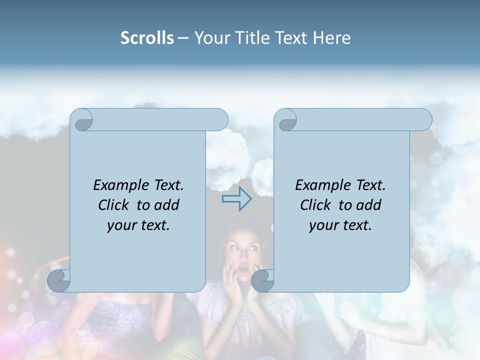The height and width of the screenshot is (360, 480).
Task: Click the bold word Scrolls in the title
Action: (x=147, y=38)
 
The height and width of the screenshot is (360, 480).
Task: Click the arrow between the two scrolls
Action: (x=237, y=199)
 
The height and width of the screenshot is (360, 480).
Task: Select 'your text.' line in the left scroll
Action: (x=138, y=225)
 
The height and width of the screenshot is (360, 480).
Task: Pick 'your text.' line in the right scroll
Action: (x=340, y=225)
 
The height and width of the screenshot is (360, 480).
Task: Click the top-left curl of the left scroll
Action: (x=82, y=120)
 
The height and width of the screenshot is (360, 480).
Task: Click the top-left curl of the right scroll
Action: (x=286, y=120)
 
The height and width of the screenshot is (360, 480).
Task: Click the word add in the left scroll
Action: (x=167, y=205)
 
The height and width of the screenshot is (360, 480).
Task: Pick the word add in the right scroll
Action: (x=369, y=205)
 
